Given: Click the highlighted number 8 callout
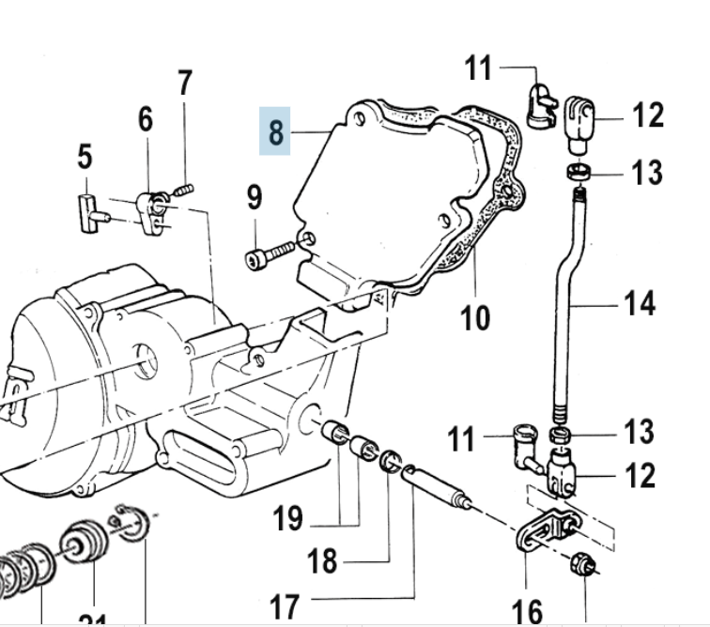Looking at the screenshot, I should [x=275, y=130].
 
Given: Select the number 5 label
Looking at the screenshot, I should [x=85, y=156].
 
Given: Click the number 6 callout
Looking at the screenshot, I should [x=145, y=119].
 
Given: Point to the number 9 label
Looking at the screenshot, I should [x=255, y=197].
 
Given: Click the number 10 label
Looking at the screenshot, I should [x=475, y=317].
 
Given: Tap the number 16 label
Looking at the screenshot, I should [x=529, y=611].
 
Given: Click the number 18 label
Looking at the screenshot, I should [x=322, y=561].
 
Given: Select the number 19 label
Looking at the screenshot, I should [x=288, y=517].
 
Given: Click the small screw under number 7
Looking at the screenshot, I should [x=184, y=190].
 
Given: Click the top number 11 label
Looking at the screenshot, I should [x=478, y=68].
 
